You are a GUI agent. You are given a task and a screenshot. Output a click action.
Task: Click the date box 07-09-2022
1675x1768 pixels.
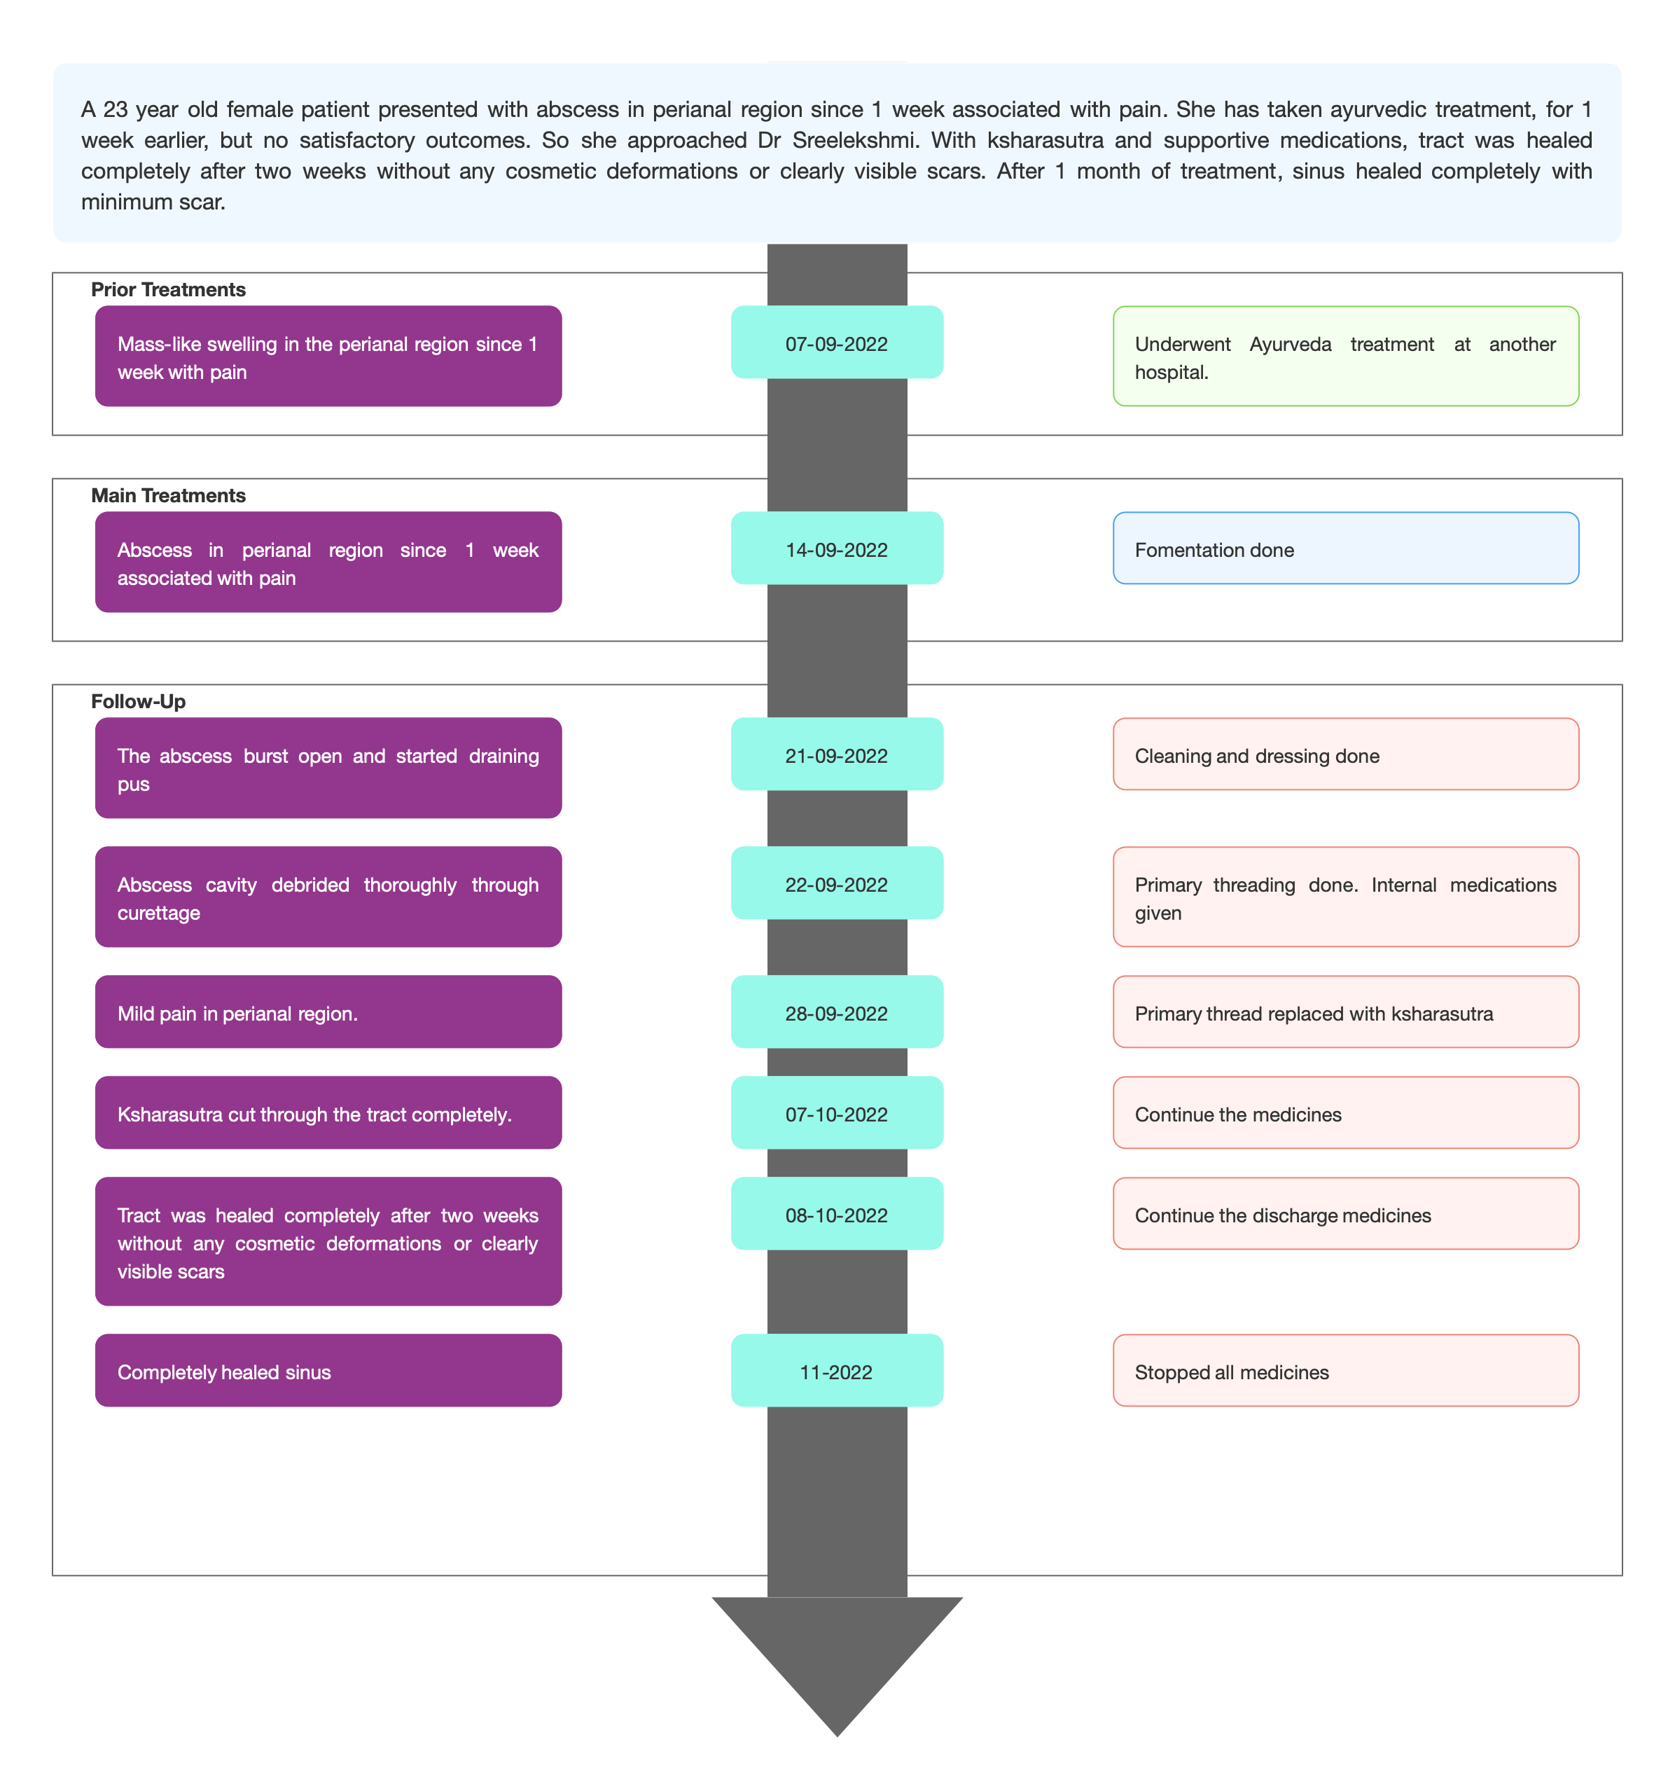tap(837, 342)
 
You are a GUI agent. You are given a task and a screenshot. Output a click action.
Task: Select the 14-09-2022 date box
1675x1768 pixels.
tap(837, 548)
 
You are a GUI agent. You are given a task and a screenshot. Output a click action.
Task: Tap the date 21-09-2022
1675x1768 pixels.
tap(837, 754)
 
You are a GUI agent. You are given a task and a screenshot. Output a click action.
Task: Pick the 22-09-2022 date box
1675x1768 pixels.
tap(837, 883)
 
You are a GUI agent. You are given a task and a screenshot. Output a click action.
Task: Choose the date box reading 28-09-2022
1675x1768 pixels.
tap(837, 1011)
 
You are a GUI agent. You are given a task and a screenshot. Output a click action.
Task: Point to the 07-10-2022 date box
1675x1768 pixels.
tap(837, 1112)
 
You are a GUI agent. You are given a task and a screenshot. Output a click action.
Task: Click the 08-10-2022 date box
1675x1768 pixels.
tap(837, 1213)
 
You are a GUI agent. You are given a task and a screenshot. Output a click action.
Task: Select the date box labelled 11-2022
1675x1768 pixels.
tap(837, 1371)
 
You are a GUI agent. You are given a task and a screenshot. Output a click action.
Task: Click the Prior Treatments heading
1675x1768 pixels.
tap(168, 289)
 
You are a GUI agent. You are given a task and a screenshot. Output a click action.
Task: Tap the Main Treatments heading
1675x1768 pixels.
tap(168, 495)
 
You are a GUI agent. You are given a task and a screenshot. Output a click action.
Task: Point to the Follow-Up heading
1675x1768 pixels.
tap(139, 701)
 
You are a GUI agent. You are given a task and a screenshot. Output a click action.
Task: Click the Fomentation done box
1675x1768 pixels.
tap(1346, 548)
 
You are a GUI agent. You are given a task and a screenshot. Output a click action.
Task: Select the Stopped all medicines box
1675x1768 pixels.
tap(1346, 1371)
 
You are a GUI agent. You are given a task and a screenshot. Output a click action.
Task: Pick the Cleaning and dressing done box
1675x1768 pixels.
tap(1346, 754)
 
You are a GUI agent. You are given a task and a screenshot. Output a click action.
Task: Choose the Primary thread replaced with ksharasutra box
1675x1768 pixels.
tap(1346, 1011)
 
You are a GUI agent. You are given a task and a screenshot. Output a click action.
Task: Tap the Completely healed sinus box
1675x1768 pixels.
tap(328, 1371)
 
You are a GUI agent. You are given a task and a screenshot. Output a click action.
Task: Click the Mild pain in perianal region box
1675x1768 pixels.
tap(328, 1011)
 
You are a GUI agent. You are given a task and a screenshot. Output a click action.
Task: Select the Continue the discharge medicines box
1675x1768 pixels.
tap(1346, 1213)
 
